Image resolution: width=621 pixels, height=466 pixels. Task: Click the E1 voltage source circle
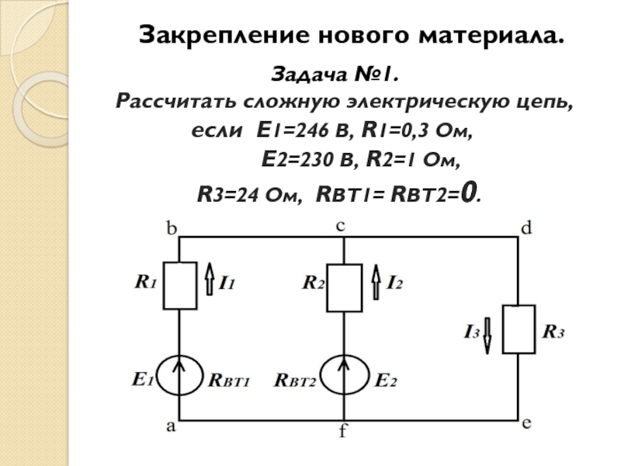point(157,376)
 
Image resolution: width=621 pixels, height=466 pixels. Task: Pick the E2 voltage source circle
point(321,376)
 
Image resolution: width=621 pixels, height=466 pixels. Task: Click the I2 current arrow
point(376,282)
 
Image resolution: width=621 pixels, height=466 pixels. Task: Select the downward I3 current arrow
point(487,336)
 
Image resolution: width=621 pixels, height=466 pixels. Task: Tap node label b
point(172,228)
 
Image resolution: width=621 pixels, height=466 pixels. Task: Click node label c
point(341,226)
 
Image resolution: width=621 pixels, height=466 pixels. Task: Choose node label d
point(526,228)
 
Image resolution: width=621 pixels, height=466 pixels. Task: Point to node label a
point(170,426)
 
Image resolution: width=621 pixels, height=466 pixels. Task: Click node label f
point(342,430)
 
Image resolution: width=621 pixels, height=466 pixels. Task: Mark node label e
point(526,423)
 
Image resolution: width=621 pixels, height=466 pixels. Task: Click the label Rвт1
point(229,381)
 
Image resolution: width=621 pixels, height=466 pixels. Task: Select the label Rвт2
point(295,381)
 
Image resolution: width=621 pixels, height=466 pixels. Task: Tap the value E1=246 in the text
point(293,130)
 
